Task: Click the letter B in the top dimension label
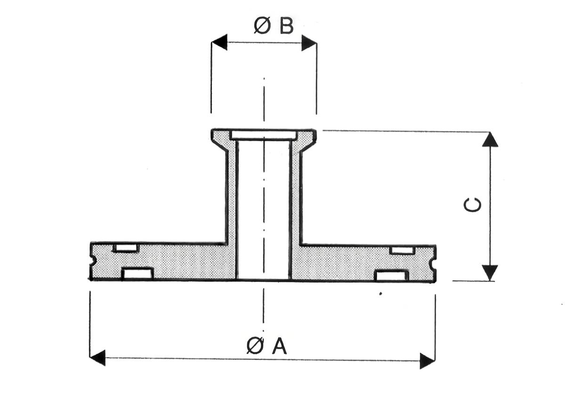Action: point(286,26)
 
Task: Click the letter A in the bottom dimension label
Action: point(279,346)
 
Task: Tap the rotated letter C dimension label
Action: point(473,205)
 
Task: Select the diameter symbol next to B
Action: point(262,26)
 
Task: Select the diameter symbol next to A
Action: point(255,346)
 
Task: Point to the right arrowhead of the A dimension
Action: point(427,361)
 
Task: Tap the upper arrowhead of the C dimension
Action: point(490,140)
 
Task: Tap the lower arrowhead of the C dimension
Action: point(490,272)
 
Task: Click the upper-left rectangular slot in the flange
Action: point(126,248)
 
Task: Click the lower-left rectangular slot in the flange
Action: point(137,273)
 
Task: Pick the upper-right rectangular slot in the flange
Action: point(403,250)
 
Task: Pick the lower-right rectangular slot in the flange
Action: point(391,275)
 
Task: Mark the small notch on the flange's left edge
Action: point(93,260)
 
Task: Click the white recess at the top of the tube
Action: point(264,135)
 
